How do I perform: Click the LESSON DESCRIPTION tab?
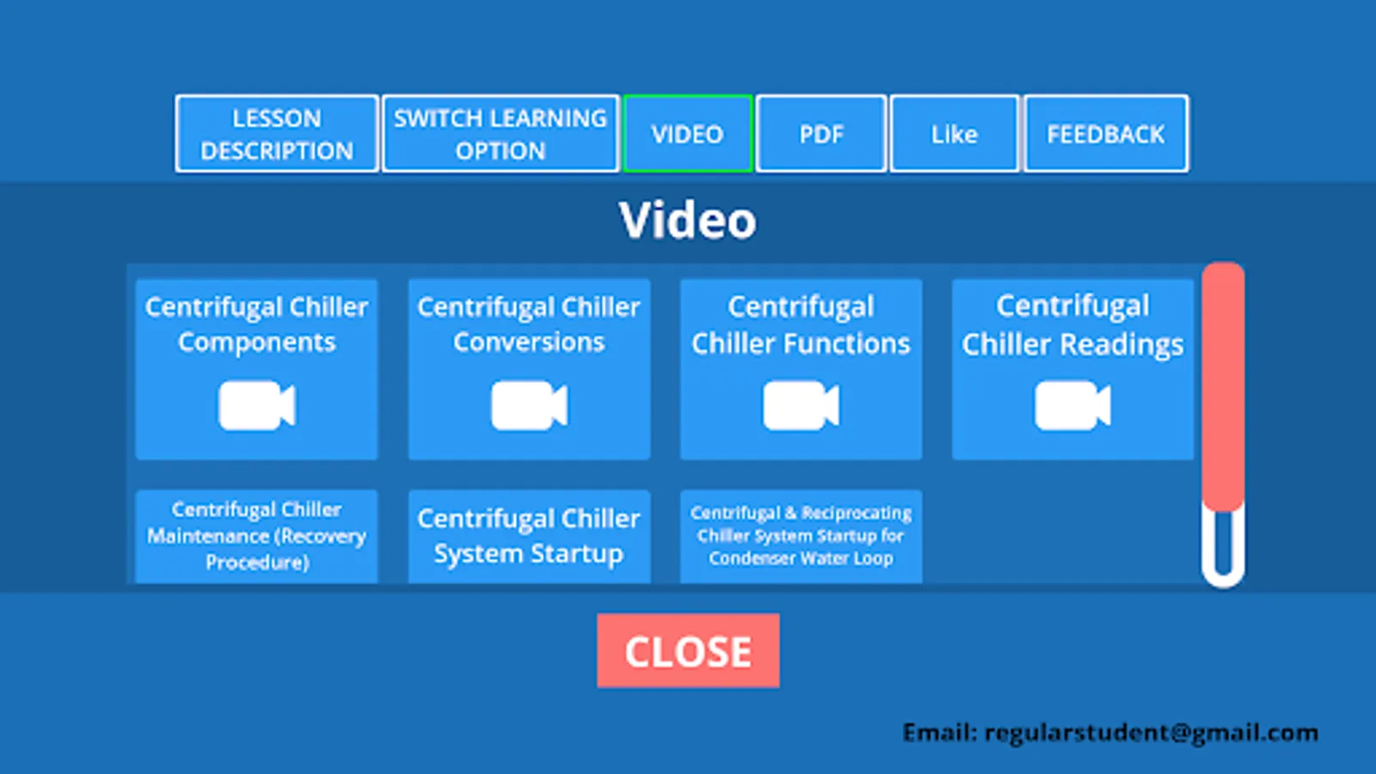[276, 134]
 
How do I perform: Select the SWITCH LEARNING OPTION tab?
[500, 134]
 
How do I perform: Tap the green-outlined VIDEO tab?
[687, 134]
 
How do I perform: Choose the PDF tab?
[821, 134]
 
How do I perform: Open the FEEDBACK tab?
[1106, 134]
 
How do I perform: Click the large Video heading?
[687, 220]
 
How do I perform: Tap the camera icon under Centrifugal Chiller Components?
[257, 405]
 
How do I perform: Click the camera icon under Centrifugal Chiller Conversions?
[529, 405]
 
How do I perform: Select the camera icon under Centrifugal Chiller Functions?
[801, 405]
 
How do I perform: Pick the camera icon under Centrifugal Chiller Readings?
[1072, 405]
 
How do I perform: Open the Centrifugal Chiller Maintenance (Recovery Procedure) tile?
[257, 537]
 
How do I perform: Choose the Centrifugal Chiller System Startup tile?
[529, 537]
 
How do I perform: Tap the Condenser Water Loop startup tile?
[801, 537]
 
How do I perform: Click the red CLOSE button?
[688, 650]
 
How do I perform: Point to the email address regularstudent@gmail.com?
[1152, 733]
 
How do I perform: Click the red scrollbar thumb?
[1223, 386]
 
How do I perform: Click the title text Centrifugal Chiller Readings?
[1072, 325]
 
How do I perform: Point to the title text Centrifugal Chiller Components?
[257, 324]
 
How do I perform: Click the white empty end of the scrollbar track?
[1223, 578]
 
